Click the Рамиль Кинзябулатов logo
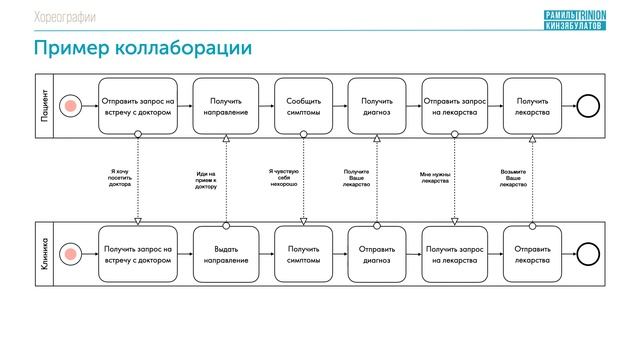pos(571,17)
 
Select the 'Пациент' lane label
pos(46,105)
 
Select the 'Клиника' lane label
pos(46,254)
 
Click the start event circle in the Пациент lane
pos(71,106)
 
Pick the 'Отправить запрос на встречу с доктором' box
pos(137,106)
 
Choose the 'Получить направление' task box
pos(226,106)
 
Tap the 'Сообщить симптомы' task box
pos(303,106)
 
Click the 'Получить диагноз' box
pos(377,106)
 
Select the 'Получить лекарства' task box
pos(531,106)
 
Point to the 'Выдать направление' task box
pos(226,254)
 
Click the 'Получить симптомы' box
pos(303,254)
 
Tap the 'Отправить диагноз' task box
pos(377,254)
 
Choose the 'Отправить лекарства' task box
pos(531,254)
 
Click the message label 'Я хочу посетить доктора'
pos(120,178)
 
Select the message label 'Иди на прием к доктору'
pos(206,179)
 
